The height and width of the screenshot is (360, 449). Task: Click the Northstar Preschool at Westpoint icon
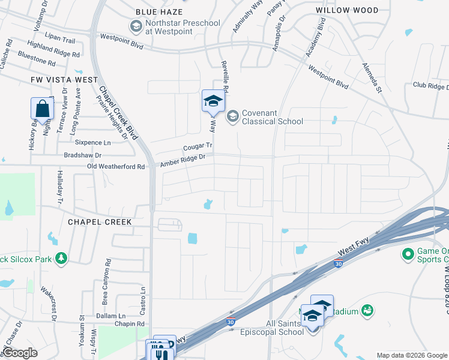[x=136, y=27]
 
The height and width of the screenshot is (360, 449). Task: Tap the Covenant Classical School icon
[x=233, y=116]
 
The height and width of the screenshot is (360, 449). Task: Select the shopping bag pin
[x=42, y=109]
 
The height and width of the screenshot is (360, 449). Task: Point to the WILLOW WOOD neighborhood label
[x=348, y=10]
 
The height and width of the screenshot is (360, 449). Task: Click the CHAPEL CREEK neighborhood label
[x=100, y=221]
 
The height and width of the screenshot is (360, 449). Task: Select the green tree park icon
[x=61, y=258]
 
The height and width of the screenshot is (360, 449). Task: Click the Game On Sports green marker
[x=408, y=254]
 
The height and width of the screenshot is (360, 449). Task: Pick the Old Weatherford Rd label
[x=116, y=166]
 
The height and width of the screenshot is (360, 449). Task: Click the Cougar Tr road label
[x=197, y=146]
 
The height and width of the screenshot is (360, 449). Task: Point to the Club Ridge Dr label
[x=430, y=86]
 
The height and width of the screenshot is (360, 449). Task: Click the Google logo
[x=20, y=353]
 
